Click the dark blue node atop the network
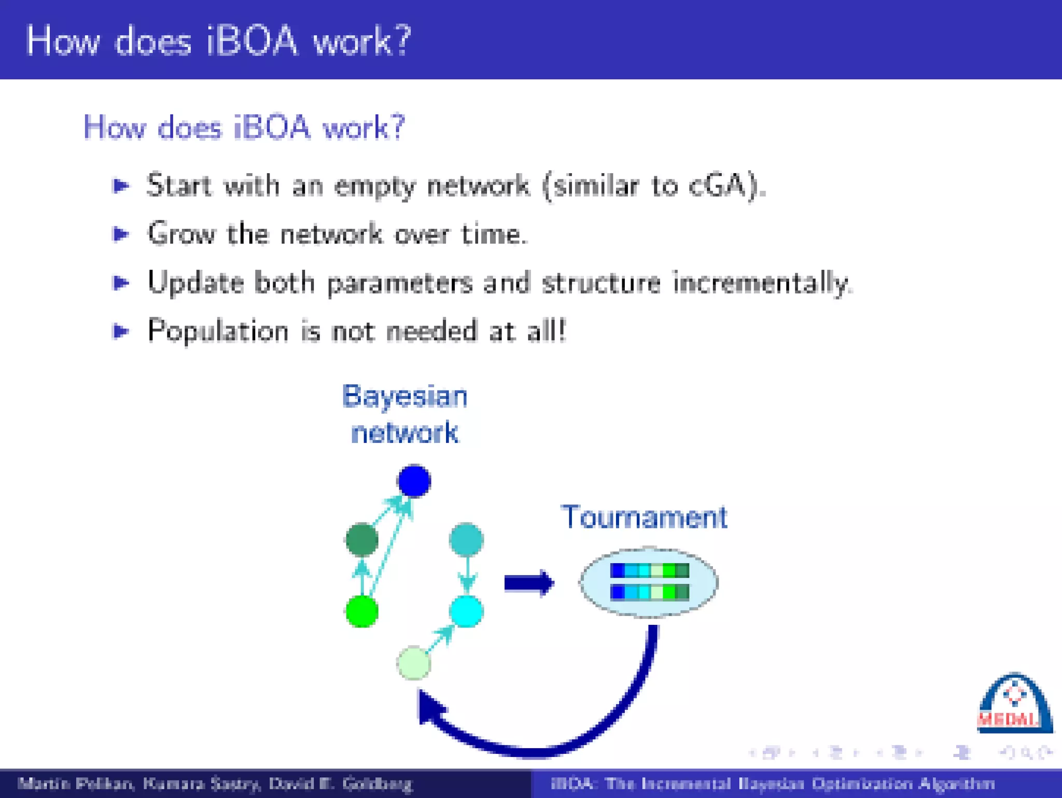(x=414, y=481)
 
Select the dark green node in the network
(x=361, y=540)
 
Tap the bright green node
(x=361, y=611)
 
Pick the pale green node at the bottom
(x=413, y=663)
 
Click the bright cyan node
(x=466, y=611)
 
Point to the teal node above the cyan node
(x=466, y=540)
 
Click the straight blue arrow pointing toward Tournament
(x=528, y=583)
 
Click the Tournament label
(x=644, y=517)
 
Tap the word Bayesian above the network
(x=405, y=397)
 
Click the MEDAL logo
(x=1013, y=705)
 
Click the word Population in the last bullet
(x=218, y=331)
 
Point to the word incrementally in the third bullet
(x=762, y=283)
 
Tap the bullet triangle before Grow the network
(x=121, y=234)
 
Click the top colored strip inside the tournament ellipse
(x=649, y=570)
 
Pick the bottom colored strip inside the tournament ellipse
(x=649, y=592)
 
